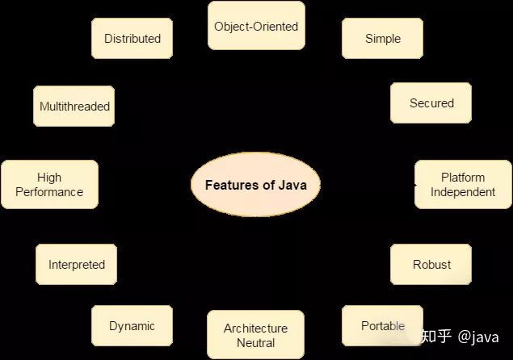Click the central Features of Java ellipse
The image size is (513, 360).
point(255,185)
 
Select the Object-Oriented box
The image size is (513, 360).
point(255,27)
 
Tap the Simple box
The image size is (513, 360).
point(382,39)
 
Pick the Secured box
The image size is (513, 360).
point(431,103)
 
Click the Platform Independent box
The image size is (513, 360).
point(462,185)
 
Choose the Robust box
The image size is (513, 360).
point(431,265)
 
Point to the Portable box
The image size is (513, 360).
point(382,326)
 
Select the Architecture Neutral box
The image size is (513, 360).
point(255,335)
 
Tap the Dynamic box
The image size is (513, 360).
point(132,326)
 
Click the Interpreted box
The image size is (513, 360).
point(76,265)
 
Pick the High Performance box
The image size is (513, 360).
point(49,185)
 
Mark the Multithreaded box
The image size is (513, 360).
point(74,107)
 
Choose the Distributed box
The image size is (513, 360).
point(132,39)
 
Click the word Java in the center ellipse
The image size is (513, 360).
point(292,185)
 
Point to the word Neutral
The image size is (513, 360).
point(255,342)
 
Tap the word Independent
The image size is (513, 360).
point(462,192)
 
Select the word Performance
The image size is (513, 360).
point(49,192)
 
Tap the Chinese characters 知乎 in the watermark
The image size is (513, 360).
point(436,337)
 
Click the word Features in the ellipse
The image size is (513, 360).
point(231,185)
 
